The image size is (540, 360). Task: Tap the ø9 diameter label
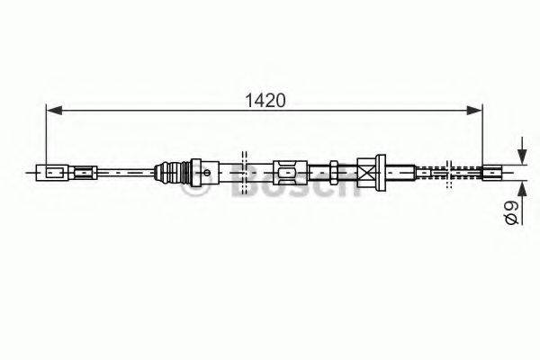pos(509,214)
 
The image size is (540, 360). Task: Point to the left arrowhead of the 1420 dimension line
pos(51,110)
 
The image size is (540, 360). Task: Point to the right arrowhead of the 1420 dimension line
pos(476,110)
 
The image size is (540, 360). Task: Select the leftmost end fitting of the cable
pos(49,170)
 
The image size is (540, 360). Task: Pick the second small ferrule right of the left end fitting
pos(85,170)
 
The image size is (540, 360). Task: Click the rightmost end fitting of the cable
pos(494,170)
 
